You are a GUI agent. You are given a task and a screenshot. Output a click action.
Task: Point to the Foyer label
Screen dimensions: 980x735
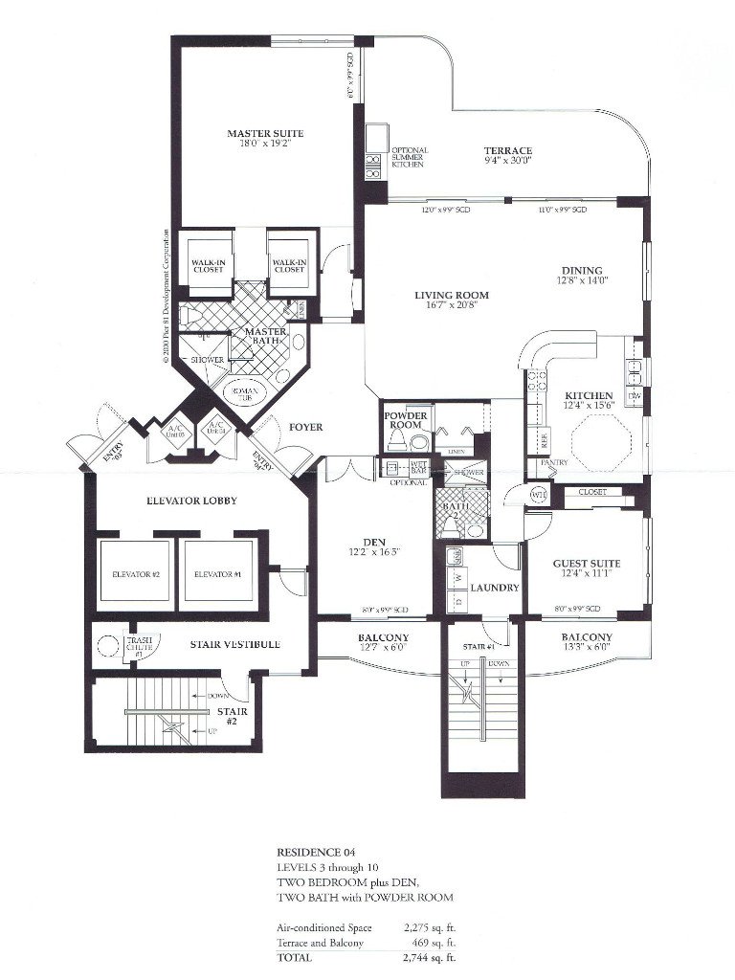click(x=304, y=427)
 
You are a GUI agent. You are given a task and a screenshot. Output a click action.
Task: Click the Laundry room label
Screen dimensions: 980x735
click(x=495, y=588)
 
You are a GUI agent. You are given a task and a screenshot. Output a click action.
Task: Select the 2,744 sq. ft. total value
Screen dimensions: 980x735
click(x=431, y=956)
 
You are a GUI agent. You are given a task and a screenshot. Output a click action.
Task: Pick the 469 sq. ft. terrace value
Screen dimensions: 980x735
click(x=431, y=942)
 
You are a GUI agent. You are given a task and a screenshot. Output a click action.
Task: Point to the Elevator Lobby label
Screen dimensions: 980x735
click(x=191, y=501)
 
